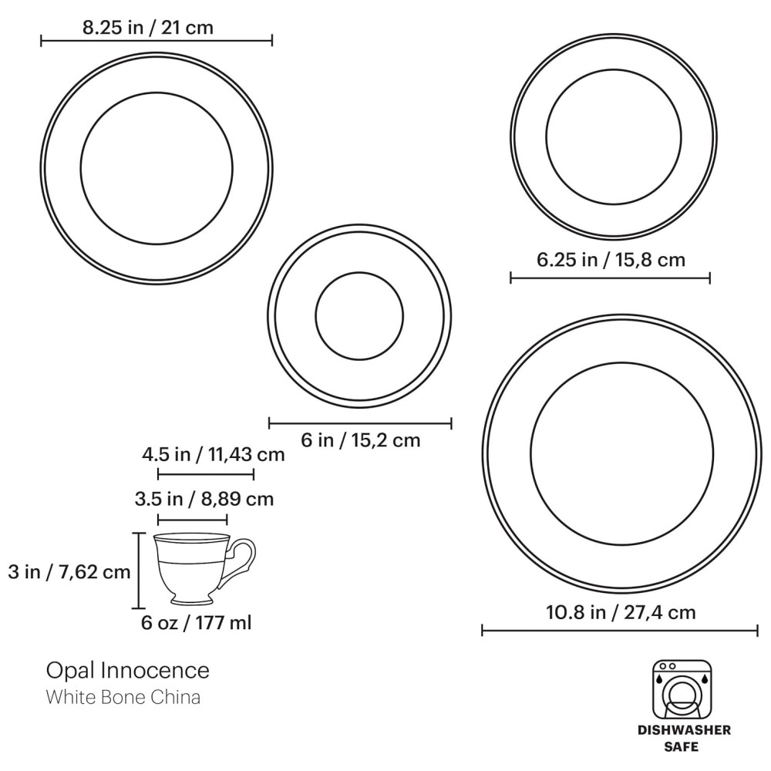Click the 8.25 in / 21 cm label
pyautogui.click(x=147, y=28)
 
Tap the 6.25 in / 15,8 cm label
pyautogui.click(x=611, y=260)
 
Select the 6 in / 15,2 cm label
pyautogui.click(x=360, y=439)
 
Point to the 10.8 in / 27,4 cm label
pyautogui.click(x=621, y=612)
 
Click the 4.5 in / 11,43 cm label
pyautogui.click(x=214, y=454)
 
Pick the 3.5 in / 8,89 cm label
pyautogui.click(x=204, y=499)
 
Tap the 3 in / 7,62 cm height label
pyautogui.click(x=69, y=572)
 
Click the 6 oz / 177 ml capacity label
pyautogui.click(x=196, y=622)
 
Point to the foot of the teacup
pyautogui.click(x=192, y=600)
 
